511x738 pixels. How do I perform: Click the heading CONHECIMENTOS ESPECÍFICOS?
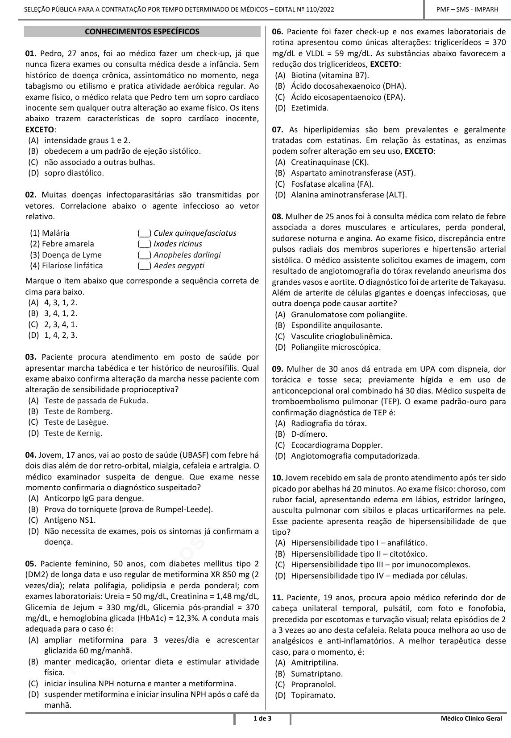(x=142, y=32)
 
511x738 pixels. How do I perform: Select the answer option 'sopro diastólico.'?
(x=74, y=172)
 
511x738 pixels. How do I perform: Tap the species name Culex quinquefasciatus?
(x=195, y=233)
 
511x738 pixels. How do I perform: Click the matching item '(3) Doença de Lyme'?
(x=66, y=254)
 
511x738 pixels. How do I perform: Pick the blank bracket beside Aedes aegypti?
(x=144, y=266)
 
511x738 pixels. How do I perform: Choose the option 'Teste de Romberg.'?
(x=78, y=411)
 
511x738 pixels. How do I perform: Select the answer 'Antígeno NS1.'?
(x=70, y=520)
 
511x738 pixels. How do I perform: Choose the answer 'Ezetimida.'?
(x=309, y=107)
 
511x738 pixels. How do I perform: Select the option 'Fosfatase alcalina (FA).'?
(x=332, y=184)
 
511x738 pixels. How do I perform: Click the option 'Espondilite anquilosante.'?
(x=337, y=325)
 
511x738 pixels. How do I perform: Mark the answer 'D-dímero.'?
(x=309, y=434)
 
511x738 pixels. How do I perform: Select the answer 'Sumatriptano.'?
(x=317, y=673)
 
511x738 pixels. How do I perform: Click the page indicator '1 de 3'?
(x=262, y=718)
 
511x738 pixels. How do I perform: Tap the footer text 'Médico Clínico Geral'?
(x=470, y=718)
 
